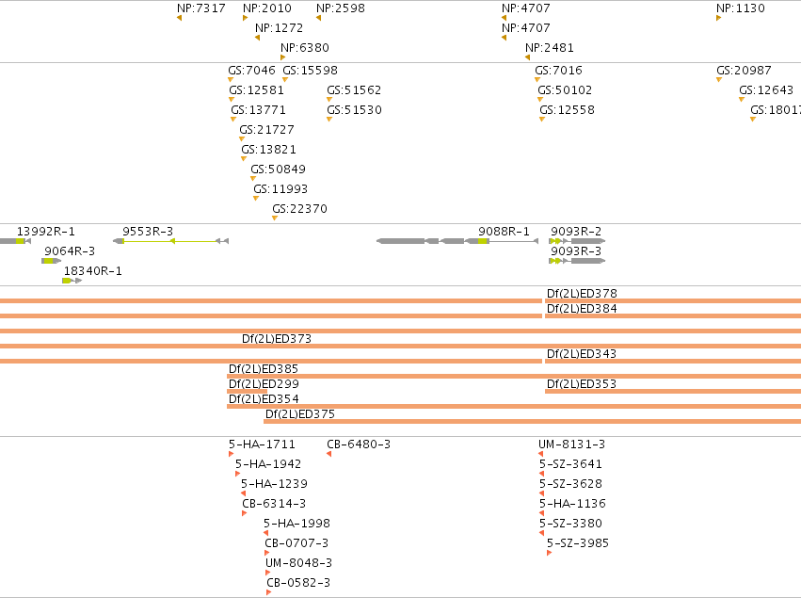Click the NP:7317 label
(200, 8)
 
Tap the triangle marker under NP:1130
(718, 19)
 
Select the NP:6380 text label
(304, 47)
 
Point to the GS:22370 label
(299, 208)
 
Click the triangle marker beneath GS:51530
(329, 120)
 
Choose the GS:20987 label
(744, 70)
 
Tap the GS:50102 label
(565, 90)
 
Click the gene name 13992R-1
(46, 232)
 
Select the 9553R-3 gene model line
(170, 241)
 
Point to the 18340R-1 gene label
(93, 271)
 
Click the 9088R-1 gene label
(504, 232)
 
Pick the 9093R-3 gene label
(576, 251)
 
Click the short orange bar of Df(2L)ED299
(248, 391)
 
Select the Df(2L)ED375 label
(300, 414)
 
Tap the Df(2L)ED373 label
(277, 338)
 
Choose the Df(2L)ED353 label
(582, 384)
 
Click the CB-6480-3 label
(359, 444)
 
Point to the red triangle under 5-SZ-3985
(549, 553)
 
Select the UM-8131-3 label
(571, 444)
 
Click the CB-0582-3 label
(298, 583)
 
